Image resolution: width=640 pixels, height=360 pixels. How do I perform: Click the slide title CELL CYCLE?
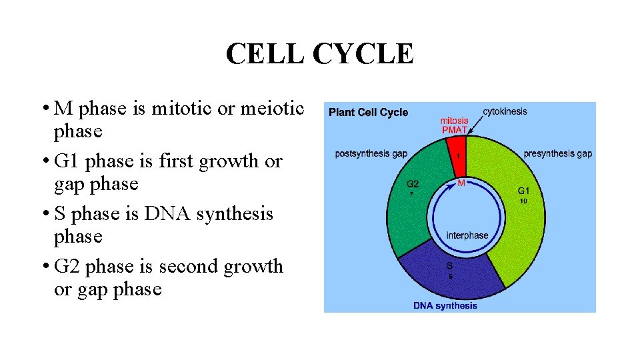pos(319,54)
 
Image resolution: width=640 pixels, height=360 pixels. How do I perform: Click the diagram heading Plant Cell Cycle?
pos(368,112)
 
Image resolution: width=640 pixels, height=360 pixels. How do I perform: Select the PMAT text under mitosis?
pos(455,130)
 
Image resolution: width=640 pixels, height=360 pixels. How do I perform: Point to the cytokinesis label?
pos(505,111)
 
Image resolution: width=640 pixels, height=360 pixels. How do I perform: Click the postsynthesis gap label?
pos(371,154)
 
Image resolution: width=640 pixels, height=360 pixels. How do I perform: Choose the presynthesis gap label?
pos(557,154)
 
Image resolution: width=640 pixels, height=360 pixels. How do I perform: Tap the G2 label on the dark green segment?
pos(413,184)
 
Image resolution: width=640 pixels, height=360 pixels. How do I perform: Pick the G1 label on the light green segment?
pos(524,191)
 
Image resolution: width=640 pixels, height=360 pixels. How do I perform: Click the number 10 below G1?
pos(524,201)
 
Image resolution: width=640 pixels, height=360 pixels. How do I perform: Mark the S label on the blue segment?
pos(450,265)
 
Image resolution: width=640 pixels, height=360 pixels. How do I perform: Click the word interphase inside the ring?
pos(467,235)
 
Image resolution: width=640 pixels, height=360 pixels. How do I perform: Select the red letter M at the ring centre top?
pos(461,183)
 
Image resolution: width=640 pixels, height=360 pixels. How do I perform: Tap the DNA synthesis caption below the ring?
pos(445,306)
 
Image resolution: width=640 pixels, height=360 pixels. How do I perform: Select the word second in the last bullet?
pos(187,267)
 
